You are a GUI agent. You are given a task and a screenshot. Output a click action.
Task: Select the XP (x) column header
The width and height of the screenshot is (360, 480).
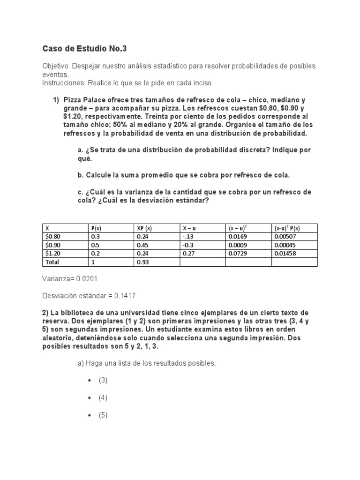(145, 228)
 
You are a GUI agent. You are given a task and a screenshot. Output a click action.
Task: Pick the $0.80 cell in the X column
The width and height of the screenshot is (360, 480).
(53, 237)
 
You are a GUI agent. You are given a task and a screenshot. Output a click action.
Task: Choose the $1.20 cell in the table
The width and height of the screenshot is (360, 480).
(53, 254)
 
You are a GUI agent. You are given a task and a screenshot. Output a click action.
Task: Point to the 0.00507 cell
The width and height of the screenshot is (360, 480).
(285, 237)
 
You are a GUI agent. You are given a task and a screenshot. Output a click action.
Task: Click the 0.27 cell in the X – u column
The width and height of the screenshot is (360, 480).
(188, 254)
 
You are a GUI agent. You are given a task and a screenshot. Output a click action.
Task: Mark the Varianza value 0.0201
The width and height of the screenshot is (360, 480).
(88, 279)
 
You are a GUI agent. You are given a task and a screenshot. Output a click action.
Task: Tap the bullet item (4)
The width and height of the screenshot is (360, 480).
(103, 397)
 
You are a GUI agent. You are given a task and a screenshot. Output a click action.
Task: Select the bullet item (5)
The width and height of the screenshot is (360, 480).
(103, 415)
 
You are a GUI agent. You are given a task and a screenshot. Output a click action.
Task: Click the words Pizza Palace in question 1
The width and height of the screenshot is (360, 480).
(83, 100)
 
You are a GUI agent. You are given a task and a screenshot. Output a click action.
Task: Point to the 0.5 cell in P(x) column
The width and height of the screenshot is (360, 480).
(95, 245)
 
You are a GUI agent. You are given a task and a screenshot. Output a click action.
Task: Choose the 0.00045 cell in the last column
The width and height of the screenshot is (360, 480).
(285, 245)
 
